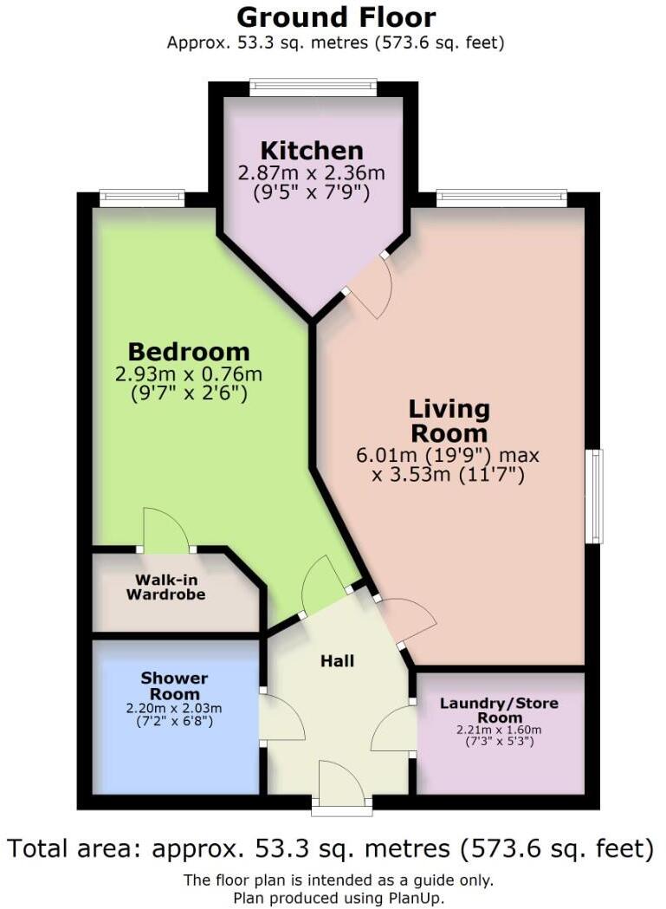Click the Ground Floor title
(x=336, y=16)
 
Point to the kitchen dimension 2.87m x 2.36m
(x=312, y=173)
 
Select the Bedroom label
(x=189, y=352)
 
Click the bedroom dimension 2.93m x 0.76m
(x=189, y=374)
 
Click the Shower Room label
(x=175, y=685)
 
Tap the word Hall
(x=337, y=661)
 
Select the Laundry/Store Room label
(x=498, y=710)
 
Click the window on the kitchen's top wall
(x=313, y=87)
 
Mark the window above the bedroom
(x=142, y=198)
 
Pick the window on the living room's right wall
(x=595, y=496)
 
